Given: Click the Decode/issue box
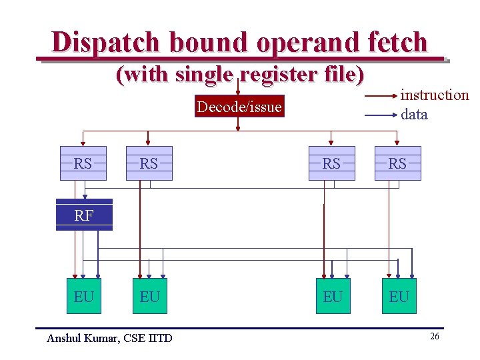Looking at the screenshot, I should click(x=239, y=107).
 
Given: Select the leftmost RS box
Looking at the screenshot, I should click(x=83, y=163).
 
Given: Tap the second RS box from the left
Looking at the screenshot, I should click(x=149, y=163).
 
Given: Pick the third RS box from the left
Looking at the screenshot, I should click(x=331, y=163).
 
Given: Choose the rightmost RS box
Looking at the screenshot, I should click(x=397, y=163).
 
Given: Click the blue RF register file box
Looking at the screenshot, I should click(x=84, y=215).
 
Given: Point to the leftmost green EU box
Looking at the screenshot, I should click(x=84, y=296).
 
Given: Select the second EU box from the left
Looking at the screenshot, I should click(x=150, y=296).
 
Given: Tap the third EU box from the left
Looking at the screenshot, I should click(x=332, y=296).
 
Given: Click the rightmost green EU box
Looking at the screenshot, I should click(x=399, y=296).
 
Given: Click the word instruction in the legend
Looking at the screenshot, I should click(x=435, y=95).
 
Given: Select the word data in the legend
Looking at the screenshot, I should click(x=414, y=114).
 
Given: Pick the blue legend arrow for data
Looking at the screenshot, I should click(x=381, y=115).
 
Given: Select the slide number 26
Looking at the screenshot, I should click(x=434, y=337).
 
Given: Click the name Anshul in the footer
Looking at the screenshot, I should click(x=64, y=338).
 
